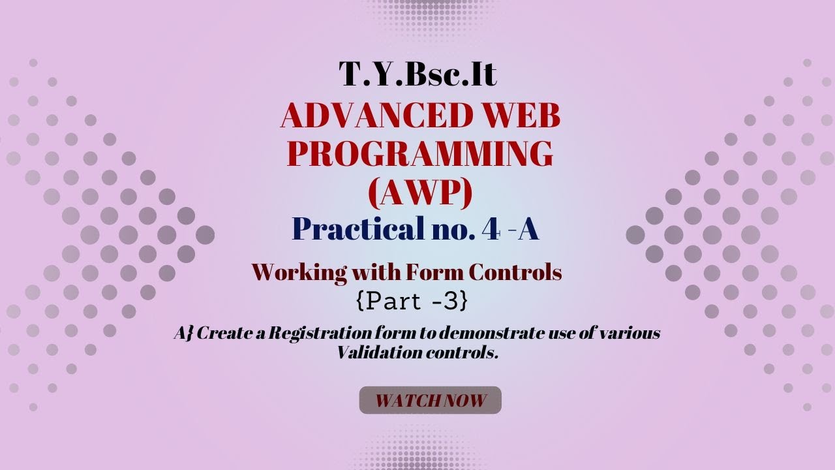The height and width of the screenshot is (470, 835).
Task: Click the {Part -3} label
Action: click(x=412, y=301)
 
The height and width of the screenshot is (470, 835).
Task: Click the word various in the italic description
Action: click(x=631, y=334)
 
